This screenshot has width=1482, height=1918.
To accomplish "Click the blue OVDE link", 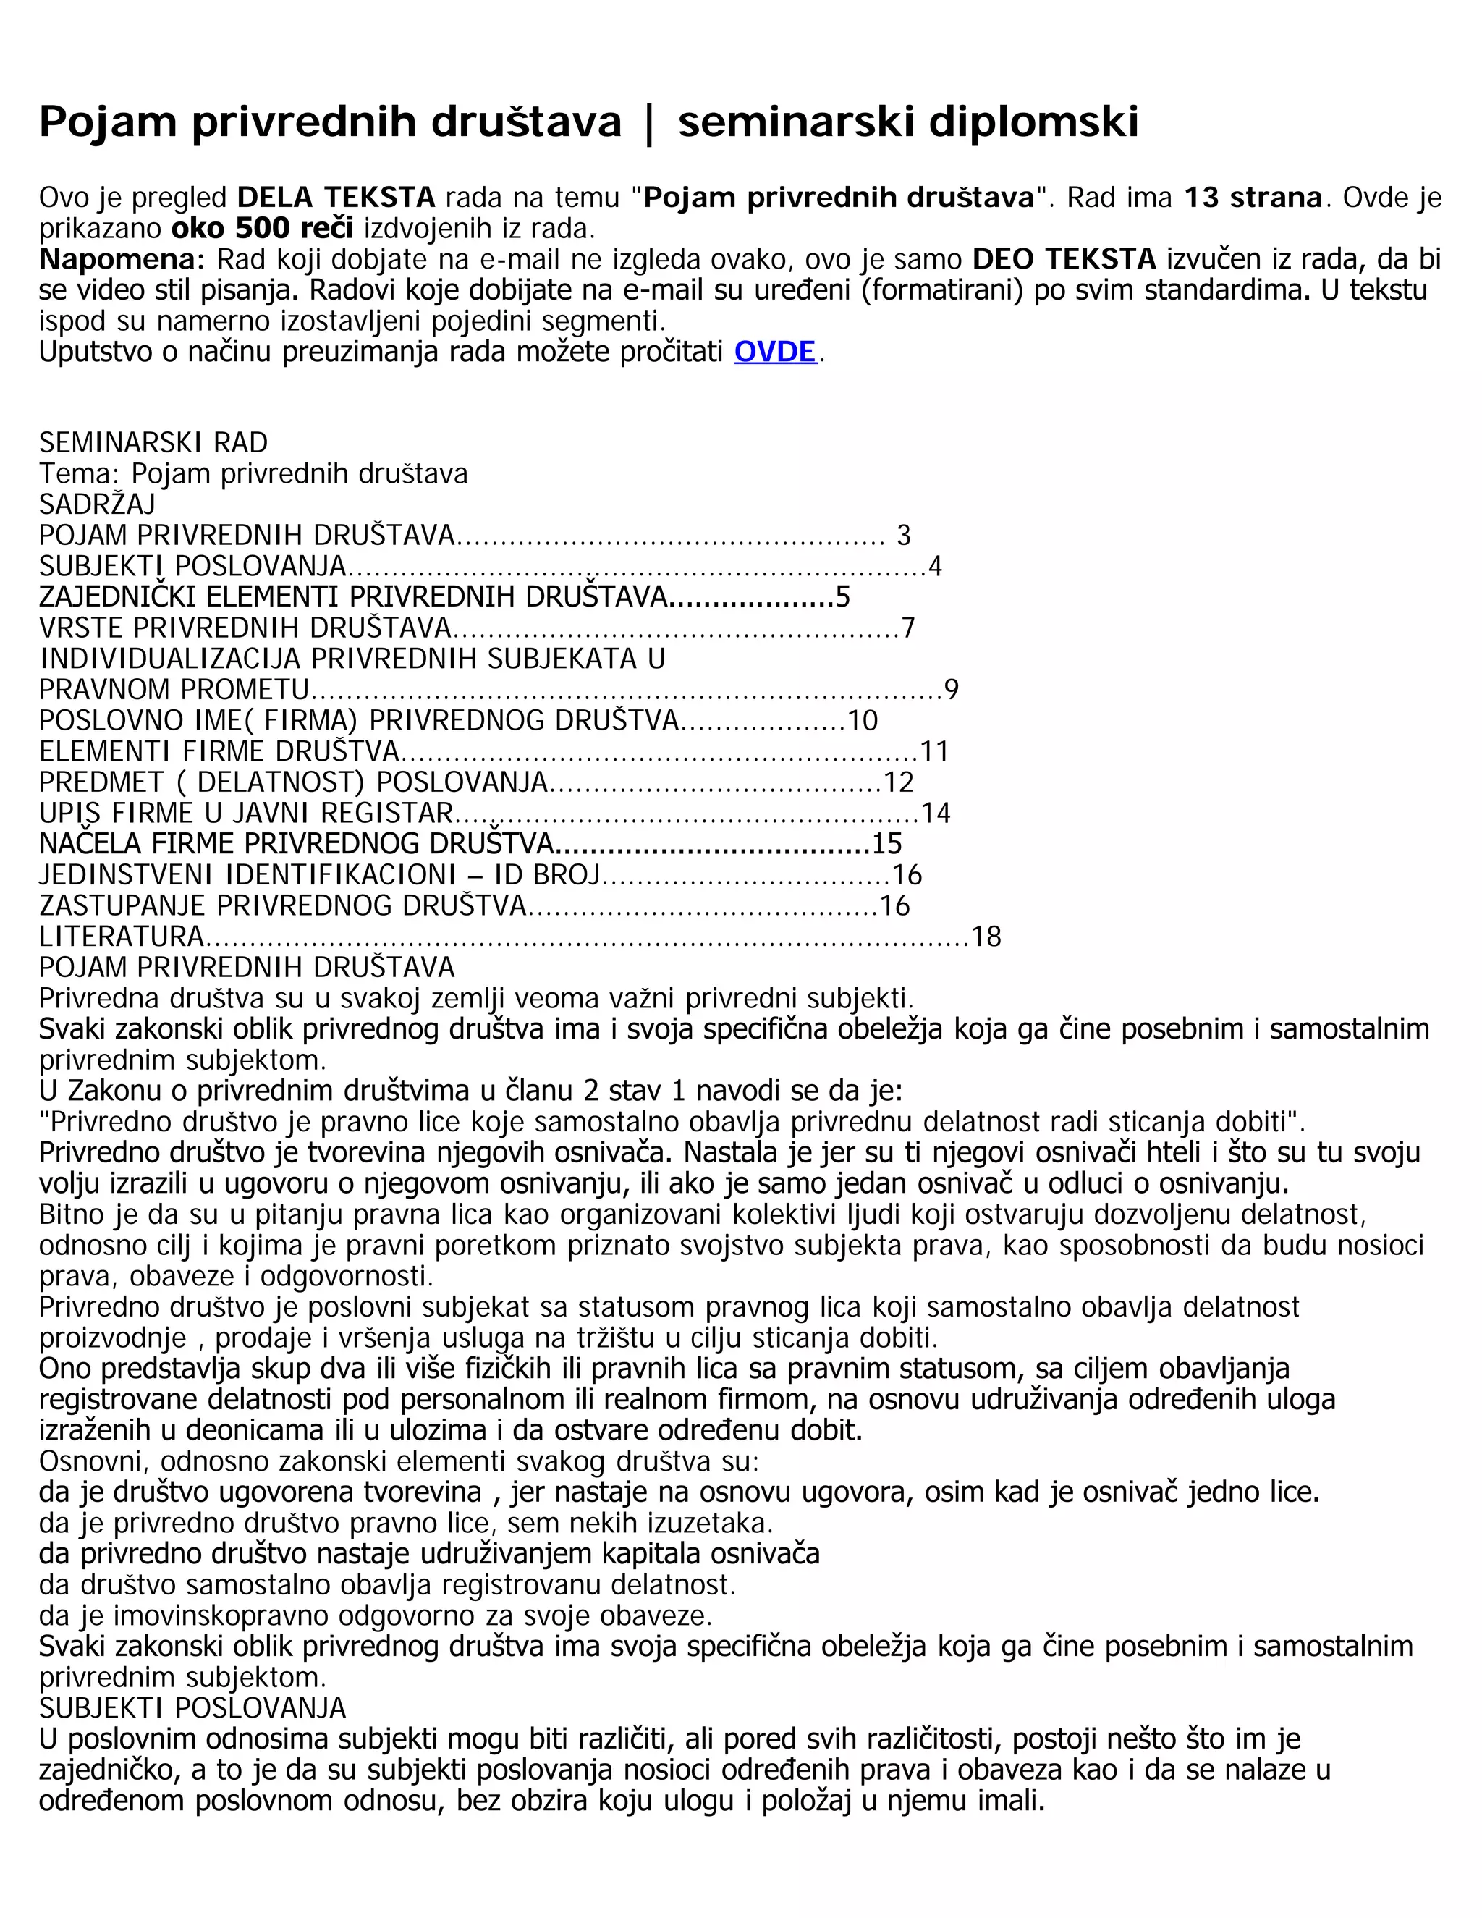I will point(774,352).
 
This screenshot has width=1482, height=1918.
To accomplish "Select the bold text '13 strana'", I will point(1252,198).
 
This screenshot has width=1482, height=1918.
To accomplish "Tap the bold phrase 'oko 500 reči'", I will point(263,228).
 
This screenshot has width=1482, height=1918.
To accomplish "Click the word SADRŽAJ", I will point(96,504).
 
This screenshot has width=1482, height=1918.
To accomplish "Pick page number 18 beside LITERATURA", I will point(986,937).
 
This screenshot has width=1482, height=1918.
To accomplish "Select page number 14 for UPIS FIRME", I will point(936,814).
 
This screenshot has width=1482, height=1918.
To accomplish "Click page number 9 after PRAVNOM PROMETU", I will point(951,689).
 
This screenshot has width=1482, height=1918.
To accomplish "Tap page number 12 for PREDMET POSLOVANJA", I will point(899,782).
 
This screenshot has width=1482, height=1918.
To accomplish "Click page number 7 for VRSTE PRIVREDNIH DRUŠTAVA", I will point(908,628).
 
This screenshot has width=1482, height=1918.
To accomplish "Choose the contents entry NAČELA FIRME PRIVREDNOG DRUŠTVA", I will point(296,844).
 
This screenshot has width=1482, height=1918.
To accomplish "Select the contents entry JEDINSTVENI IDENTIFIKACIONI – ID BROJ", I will point(320,875).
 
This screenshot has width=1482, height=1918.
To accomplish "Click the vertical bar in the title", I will point(649,122).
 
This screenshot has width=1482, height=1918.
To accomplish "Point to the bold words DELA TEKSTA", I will point(336,198).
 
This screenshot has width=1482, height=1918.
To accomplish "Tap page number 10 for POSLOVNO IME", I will point(863,721).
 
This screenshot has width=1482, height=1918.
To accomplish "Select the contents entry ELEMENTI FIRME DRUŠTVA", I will point(219,752).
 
